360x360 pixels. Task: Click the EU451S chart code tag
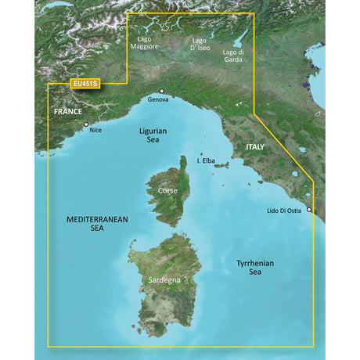pyautogui.click(x=86, y=85)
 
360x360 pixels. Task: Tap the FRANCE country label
pyautogui.click(x=69, y=111)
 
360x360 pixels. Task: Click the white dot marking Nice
pyautogui.click(x=86, y=124)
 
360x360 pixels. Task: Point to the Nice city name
pyautogui.click(x=95, y=130)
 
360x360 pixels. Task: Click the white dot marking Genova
pyautogui.click(x=161, y=92)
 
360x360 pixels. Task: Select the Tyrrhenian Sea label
pyautogui.click(x=256, y=268)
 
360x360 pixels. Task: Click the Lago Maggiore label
pyautogui.click(x=146, y=42)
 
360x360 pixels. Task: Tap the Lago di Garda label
pyautogui.click(x=234, y=55)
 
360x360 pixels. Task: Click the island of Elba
pyautogui.click(x=220, y=165)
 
